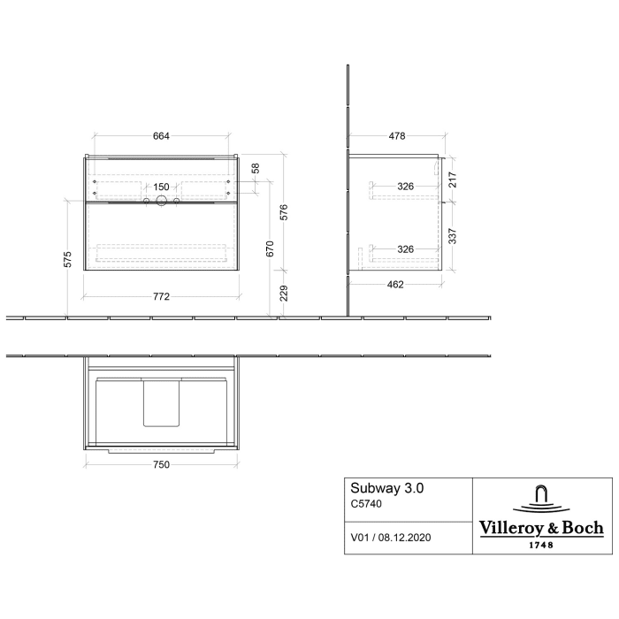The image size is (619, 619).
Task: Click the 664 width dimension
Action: [x=160, y=136]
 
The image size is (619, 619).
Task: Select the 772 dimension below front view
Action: [x=160, y=297]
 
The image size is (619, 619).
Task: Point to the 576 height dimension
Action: [x=285, y=212]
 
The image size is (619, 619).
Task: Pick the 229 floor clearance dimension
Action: [x=285, y=293]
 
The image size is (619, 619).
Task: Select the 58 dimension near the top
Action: [x=256, y=167]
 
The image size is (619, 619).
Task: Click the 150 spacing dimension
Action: [x=161, y=187]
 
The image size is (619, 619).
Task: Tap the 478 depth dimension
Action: [x=396, y=136]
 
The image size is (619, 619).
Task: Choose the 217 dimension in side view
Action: [x=453, y=180]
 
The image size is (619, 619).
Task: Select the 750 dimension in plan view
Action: [x=160, y=462]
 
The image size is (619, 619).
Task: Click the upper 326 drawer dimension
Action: [x=405, y=187]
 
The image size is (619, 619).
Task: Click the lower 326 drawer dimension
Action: [x=405, y=249]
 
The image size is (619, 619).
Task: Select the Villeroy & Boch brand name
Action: [x=541, y=528]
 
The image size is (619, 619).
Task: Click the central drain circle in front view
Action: [x=162, y=203]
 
